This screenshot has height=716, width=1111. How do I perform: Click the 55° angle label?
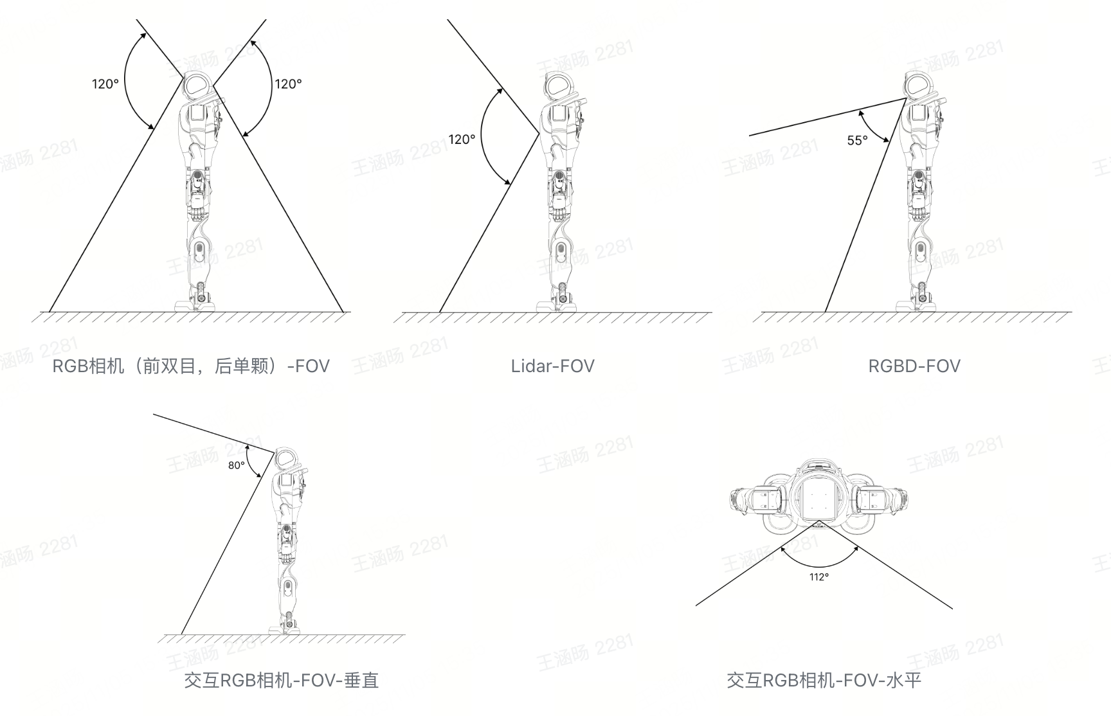pyautogui.click(x=857, y=141)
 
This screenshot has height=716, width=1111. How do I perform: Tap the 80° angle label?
pyautogui.click(x=236, y=465)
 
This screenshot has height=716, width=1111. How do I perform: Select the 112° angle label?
pyautogui.click(x=818, y=577)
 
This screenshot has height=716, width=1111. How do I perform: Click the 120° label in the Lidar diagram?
pyautogui.click(x=462, y=139)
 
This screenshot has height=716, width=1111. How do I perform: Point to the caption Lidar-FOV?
pyautogui.click(x=552, y=366)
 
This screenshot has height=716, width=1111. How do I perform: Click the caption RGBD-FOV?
pyautogui.click(x=914, y=366)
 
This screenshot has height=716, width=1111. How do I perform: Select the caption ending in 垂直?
pyautogui.click(x=281, y=680)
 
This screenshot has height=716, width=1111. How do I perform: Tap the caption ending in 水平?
pyautogui.click(x=824, y=680)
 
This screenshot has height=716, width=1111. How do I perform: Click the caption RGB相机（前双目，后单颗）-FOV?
pyautogui.click(x=191, y=366)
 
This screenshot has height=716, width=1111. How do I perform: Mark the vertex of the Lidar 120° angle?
pyautogui.click(x=539, y=134)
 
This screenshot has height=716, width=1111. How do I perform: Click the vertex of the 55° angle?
pyautogui.click(x=906, y=98)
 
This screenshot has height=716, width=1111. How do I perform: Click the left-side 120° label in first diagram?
pyautogui.click(x=105, y=84)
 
